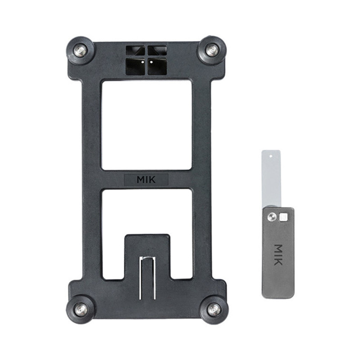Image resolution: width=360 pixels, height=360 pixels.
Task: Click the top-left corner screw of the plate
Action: pos(80,50)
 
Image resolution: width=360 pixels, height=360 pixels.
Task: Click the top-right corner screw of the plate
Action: pos(212,50)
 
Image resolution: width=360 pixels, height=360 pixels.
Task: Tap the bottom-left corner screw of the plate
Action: pos(80,308)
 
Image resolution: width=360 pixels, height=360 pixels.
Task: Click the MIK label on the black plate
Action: pos(146,180)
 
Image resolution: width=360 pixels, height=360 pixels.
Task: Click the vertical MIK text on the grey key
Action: pos(278,255)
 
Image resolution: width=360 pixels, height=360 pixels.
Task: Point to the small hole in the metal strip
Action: pos(271,156)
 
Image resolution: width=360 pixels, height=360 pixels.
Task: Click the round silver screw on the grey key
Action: pos(272,216)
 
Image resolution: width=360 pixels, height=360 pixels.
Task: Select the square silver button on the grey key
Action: pos(283,217)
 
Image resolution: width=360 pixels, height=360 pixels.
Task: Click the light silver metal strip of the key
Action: pos(271,179)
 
